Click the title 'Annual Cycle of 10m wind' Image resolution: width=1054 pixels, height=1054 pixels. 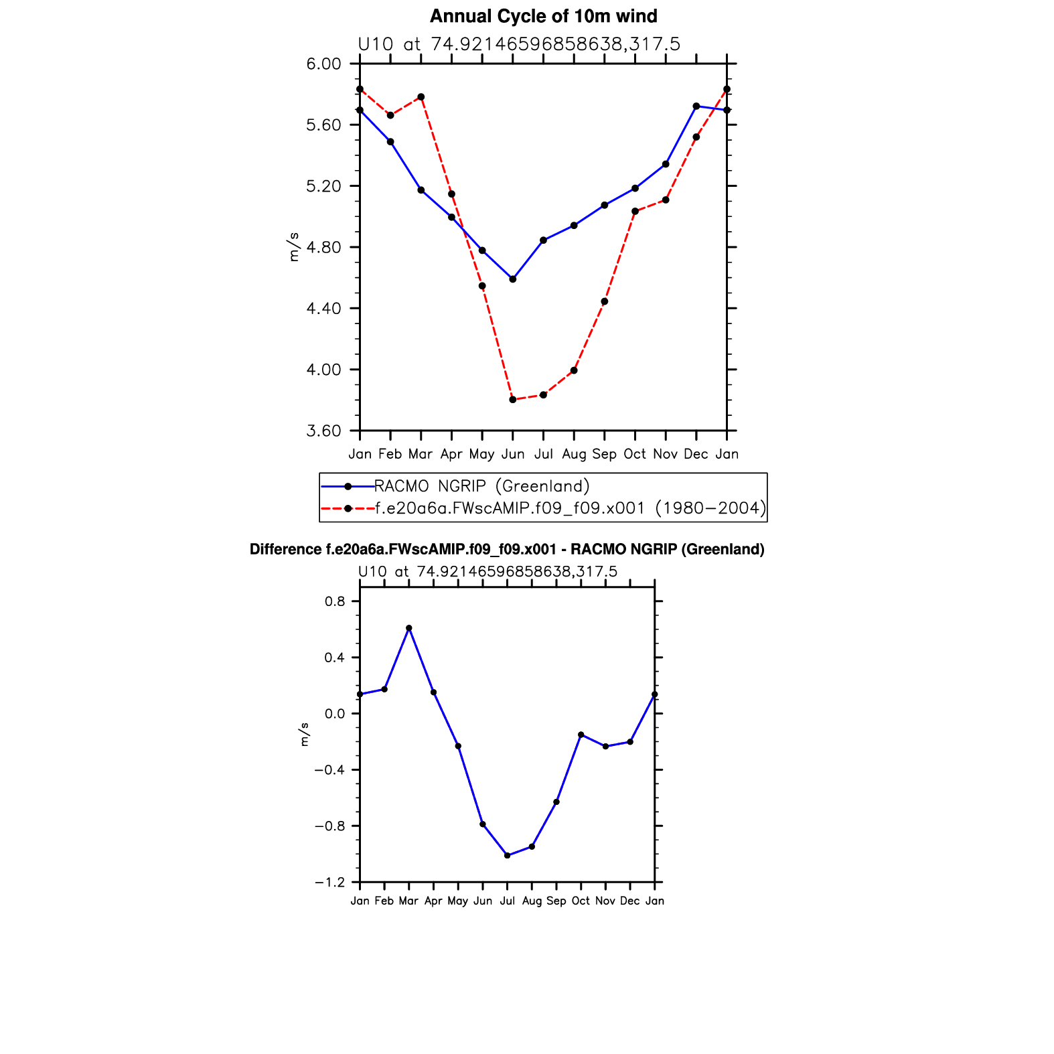(x=543, y=16)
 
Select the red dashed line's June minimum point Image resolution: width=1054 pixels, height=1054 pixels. (x=513, y=400)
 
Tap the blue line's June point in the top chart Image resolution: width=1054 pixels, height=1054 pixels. (x=513, y=279)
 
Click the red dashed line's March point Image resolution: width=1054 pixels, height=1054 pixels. (x=421, y=97)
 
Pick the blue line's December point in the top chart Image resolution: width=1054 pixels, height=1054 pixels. (x=696, y=106)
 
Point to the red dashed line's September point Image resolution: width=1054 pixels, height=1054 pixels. (x=605, y=301)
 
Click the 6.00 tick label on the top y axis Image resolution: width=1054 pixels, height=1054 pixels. (x=323, y=64)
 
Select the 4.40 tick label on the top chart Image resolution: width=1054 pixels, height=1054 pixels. (x=323, y=309)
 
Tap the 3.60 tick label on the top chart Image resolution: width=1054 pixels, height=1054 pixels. (x=323, y=431)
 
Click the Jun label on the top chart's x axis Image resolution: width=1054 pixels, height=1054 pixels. (x=513, y=455)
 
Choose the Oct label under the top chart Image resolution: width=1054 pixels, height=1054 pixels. (x=635, y=455)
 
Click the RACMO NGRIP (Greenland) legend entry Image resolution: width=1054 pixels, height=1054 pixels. (x=481, y=486)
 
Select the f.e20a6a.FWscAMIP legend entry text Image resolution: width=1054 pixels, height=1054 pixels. (x=570, y=508)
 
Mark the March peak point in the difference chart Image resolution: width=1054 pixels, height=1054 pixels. (x=409, y=628)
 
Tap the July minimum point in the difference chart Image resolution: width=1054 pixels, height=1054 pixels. (x=508, y=856)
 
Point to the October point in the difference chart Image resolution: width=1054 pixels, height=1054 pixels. (x=581, y=735)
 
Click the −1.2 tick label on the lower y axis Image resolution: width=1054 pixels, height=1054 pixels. (x=330, y=883)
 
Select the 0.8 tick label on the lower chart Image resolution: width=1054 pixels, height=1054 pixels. (x=335, y=601)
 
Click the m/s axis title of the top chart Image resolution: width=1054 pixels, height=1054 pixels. (x=294, y=247)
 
